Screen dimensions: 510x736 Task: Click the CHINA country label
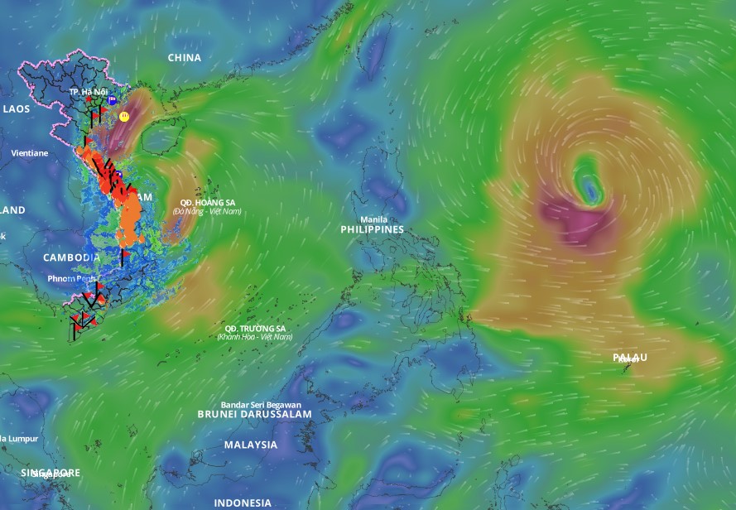point(184,58)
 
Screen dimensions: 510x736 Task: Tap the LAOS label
point(16,108)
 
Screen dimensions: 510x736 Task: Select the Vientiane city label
point(29,153)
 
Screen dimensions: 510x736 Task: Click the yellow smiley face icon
point(123,118)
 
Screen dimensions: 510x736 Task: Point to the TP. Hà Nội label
point(89,91)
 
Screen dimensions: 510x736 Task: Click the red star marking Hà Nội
point(89,99)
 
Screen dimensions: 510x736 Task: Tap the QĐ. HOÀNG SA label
point(207,203)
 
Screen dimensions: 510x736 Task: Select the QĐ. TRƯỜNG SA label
point(254,328)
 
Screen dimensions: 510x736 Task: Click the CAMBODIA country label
point(71,257)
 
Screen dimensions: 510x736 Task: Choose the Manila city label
point(373,219)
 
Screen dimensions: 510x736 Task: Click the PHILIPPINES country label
point(372,229)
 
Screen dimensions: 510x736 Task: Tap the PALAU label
point(629,358)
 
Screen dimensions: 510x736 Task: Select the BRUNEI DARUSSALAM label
point(254,414)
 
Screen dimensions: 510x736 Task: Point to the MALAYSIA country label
point(250,445)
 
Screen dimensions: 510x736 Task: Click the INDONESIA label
point(243,503)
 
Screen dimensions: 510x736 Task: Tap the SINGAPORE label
point(51,473)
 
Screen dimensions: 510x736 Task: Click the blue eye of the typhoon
point(589,191)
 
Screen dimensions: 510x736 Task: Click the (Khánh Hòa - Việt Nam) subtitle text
point(254,337)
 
